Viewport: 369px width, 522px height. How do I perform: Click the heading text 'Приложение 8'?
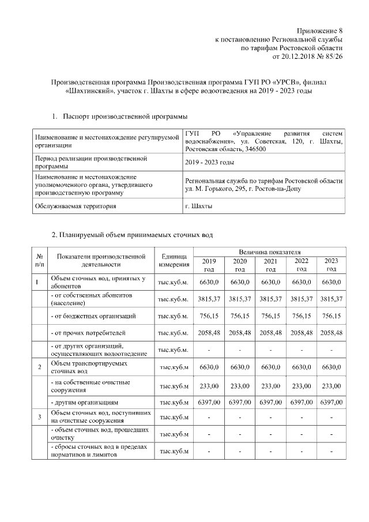[319, 30]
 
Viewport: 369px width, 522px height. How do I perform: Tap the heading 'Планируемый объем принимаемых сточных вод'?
[132, 235]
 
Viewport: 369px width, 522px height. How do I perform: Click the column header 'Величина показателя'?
[269, 252]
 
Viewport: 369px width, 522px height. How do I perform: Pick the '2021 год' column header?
[270, 265]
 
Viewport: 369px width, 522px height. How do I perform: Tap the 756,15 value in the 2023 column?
[331, 316]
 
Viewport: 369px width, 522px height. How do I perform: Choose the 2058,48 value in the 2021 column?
[270, 333]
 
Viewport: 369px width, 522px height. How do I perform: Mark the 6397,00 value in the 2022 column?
[301, 401]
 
